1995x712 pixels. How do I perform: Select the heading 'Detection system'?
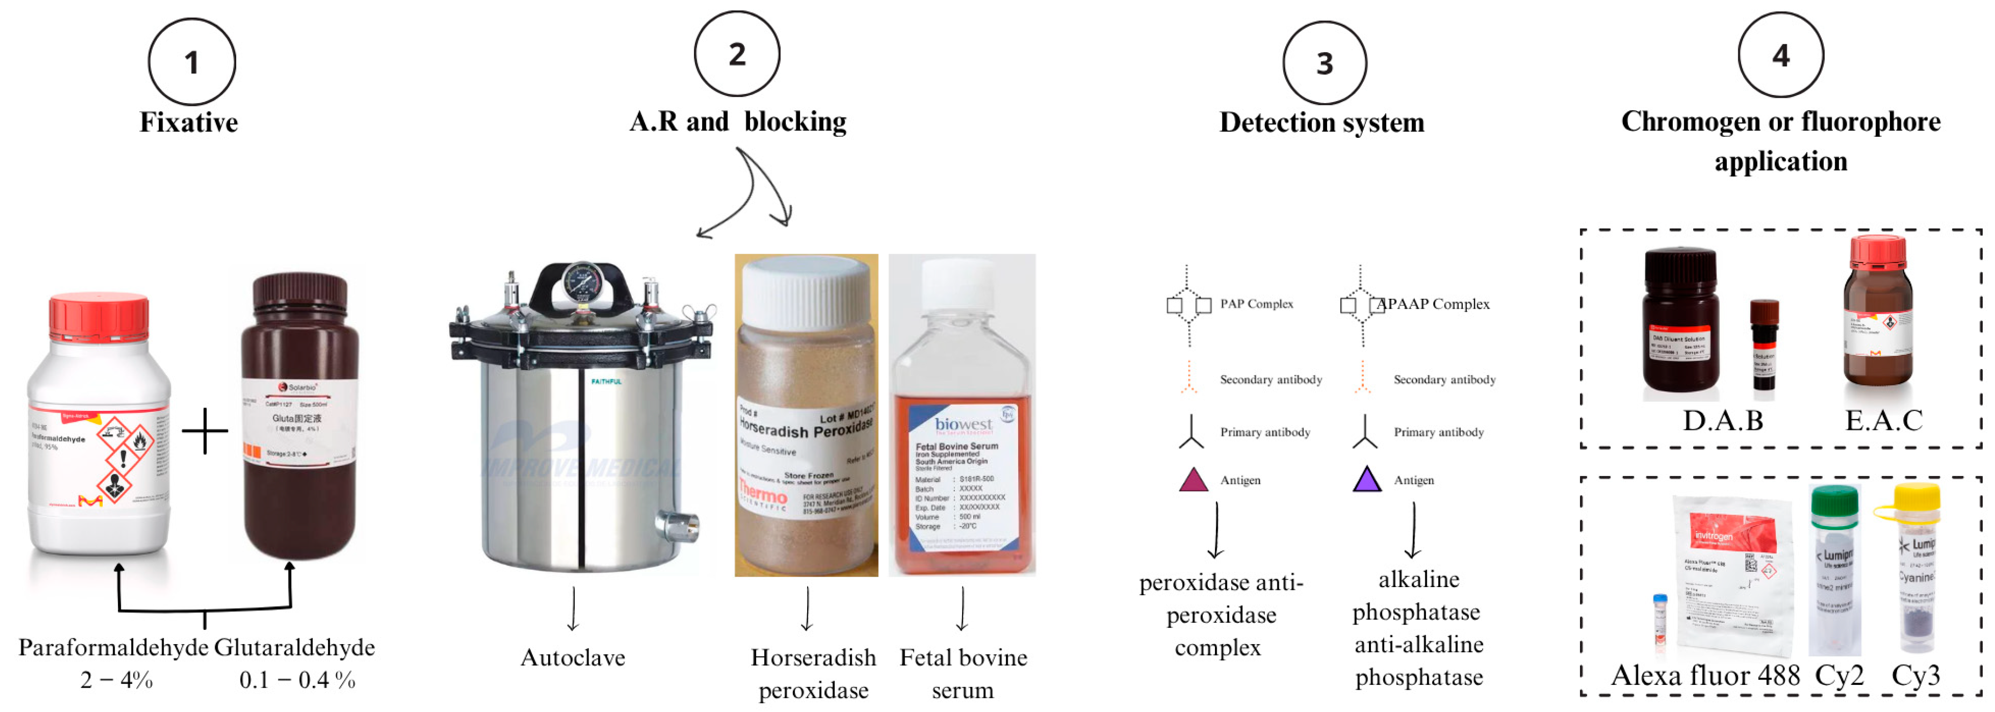tap(1321, 122)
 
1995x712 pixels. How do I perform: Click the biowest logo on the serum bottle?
tap(963, 424)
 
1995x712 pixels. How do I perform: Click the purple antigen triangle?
tap(1367, 480)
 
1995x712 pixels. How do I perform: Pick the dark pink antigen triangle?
tap(1194, 480)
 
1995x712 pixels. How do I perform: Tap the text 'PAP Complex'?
tap(1256, 304)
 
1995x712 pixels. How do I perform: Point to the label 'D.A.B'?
tap(1722, 420)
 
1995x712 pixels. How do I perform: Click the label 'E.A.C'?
tap(1883, 420)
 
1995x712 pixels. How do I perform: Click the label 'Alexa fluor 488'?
tap(1705, 675)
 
